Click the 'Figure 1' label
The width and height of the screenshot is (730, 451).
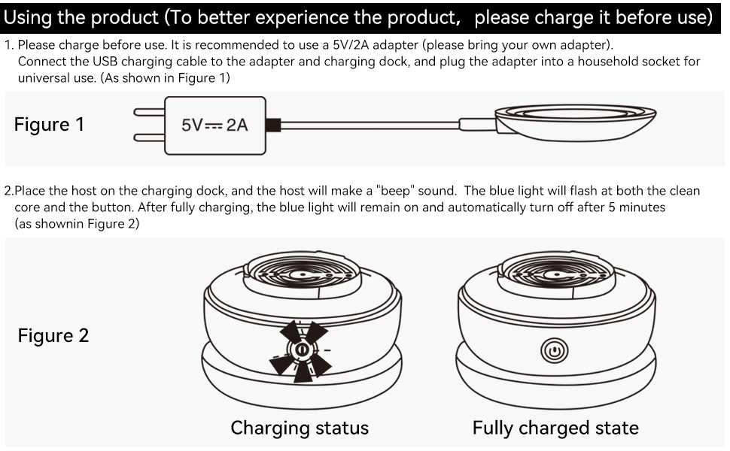49,125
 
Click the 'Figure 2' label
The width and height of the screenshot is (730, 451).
53,336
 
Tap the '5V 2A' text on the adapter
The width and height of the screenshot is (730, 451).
214,125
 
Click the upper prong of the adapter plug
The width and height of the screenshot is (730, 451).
149,112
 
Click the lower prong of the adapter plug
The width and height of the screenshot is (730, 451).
149,138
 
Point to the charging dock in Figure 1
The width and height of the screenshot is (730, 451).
576,123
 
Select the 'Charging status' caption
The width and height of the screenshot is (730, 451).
300,428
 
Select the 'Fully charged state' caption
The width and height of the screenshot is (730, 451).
555,428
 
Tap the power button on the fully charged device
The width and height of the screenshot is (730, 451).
555,350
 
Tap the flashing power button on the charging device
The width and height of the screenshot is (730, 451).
301,350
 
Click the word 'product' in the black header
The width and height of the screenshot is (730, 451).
124,18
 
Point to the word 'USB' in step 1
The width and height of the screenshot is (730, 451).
105,62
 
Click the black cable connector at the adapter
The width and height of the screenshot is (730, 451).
273,125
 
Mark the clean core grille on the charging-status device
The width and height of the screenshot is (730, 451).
303,274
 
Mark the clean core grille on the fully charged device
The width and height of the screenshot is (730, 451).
557,274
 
